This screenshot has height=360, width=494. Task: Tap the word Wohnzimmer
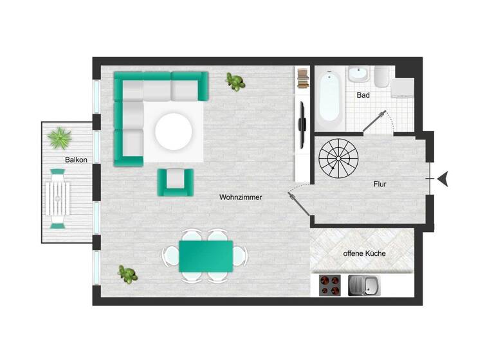[x=240, y=197]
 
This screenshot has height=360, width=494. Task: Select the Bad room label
[x=363, y=95]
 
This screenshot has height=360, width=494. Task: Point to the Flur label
[x=380, y=184]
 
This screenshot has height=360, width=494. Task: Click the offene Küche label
[x=364, y=253]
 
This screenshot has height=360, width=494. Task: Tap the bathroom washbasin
[x=358, y=75]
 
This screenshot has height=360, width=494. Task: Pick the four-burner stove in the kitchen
[x=331, y=285]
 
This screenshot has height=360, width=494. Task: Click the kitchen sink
[x=364, y=285]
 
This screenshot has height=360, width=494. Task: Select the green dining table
[x=206, y=256]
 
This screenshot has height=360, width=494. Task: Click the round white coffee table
[x=173, y=131]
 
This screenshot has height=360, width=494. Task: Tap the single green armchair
[x=175, y=182]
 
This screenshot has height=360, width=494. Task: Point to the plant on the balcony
[x=60, y=137]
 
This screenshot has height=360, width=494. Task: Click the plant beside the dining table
[x=127, y=274]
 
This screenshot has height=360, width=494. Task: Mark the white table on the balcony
[x=58, y=198]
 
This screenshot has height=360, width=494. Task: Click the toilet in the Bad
[x=381, y=78]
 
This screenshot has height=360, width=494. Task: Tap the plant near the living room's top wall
[x=235, y=82]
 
